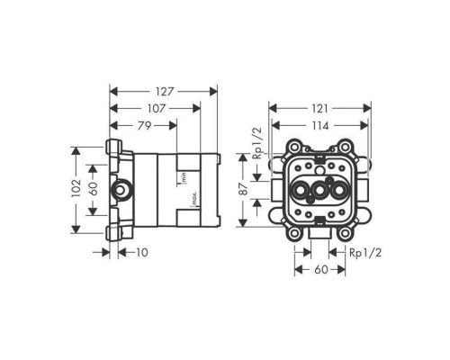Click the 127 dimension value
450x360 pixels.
coord(163,90)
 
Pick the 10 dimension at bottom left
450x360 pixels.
coord(141,253)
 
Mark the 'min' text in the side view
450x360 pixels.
coord(183,177)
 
